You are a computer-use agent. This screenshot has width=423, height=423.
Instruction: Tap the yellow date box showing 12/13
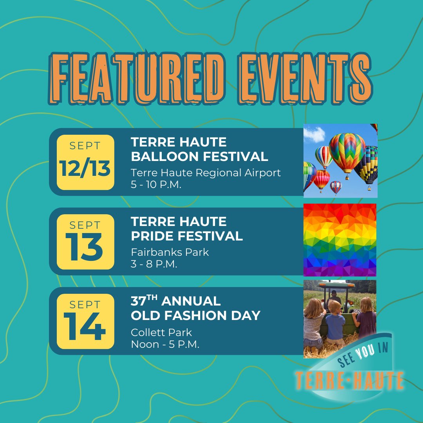point(85,162)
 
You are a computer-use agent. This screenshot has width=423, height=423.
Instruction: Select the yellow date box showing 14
point(85,321)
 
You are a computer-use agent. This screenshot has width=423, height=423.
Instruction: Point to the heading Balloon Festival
point(199,157)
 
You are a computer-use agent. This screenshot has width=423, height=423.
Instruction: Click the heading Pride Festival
point(187,236)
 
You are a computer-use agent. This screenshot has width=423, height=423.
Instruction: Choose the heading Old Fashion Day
point(195,315)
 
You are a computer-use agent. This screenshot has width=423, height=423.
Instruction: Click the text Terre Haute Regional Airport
point(206,173)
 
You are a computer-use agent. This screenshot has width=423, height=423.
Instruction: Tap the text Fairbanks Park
point(170,252)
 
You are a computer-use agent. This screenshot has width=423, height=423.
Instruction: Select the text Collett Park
point(161,333)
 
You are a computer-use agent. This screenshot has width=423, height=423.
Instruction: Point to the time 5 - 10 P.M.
point(156,185)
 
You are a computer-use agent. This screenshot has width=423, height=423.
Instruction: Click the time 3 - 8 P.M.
point(154,264)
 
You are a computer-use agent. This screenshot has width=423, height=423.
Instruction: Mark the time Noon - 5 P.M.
point(165,345)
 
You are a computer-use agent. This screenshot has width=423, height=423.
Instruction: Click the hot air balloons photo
point(340,161)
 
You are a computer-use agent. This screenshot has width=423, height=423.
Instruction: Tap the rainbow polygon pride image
point(340,240)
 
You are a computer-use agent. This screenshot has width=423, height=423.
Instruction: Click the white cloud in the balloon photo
point(314,134)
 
